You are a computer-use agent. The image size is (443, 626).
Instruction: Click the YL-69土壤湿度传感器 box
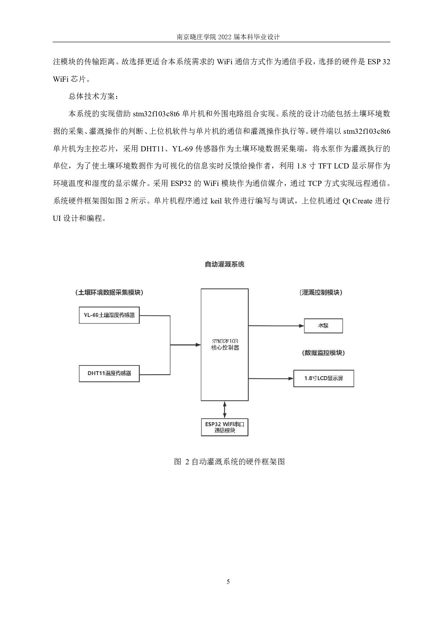(x=109, y=315)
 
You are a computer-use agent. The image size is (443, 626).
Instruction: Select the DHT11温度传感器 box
(x=109, y=373)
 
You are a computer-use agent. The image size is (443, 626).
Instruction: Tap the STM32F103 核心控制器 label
(x=225, y=344)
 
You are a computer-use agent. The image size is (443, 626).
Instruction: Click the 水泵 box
(x=323, y=326)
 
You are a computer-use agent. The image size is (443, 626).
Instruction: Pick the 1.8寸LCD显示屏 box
(x=323, y=378)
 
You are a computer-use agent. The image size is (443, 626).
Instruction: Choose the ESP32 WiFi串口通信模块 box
(x=225, y=427)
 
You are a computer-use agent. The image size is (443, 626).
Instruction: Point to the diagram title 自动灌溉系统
(x=224, y=264)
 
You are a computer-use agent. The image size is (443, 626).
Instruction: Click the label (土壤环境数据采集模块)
(x=109, y=292)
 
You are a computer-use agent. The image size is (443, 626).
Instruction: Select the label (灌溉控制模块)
(x=320, y=292)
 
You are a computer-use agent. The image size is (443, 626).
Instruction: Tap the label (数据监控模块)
(x=323, y=353)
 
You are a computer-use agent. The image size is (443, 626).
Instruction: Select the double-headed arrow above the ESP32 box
(x=224, y=410)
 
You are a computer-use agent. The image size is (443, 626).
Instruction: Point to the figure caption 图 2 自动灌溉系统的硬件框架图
(x=229, y=461)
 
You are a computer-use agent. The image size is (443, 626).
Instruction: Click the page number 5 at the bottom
(x=228, y=582)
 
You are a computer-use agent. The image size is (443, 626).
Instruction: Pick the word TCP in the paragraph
(x=314, y=183)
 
